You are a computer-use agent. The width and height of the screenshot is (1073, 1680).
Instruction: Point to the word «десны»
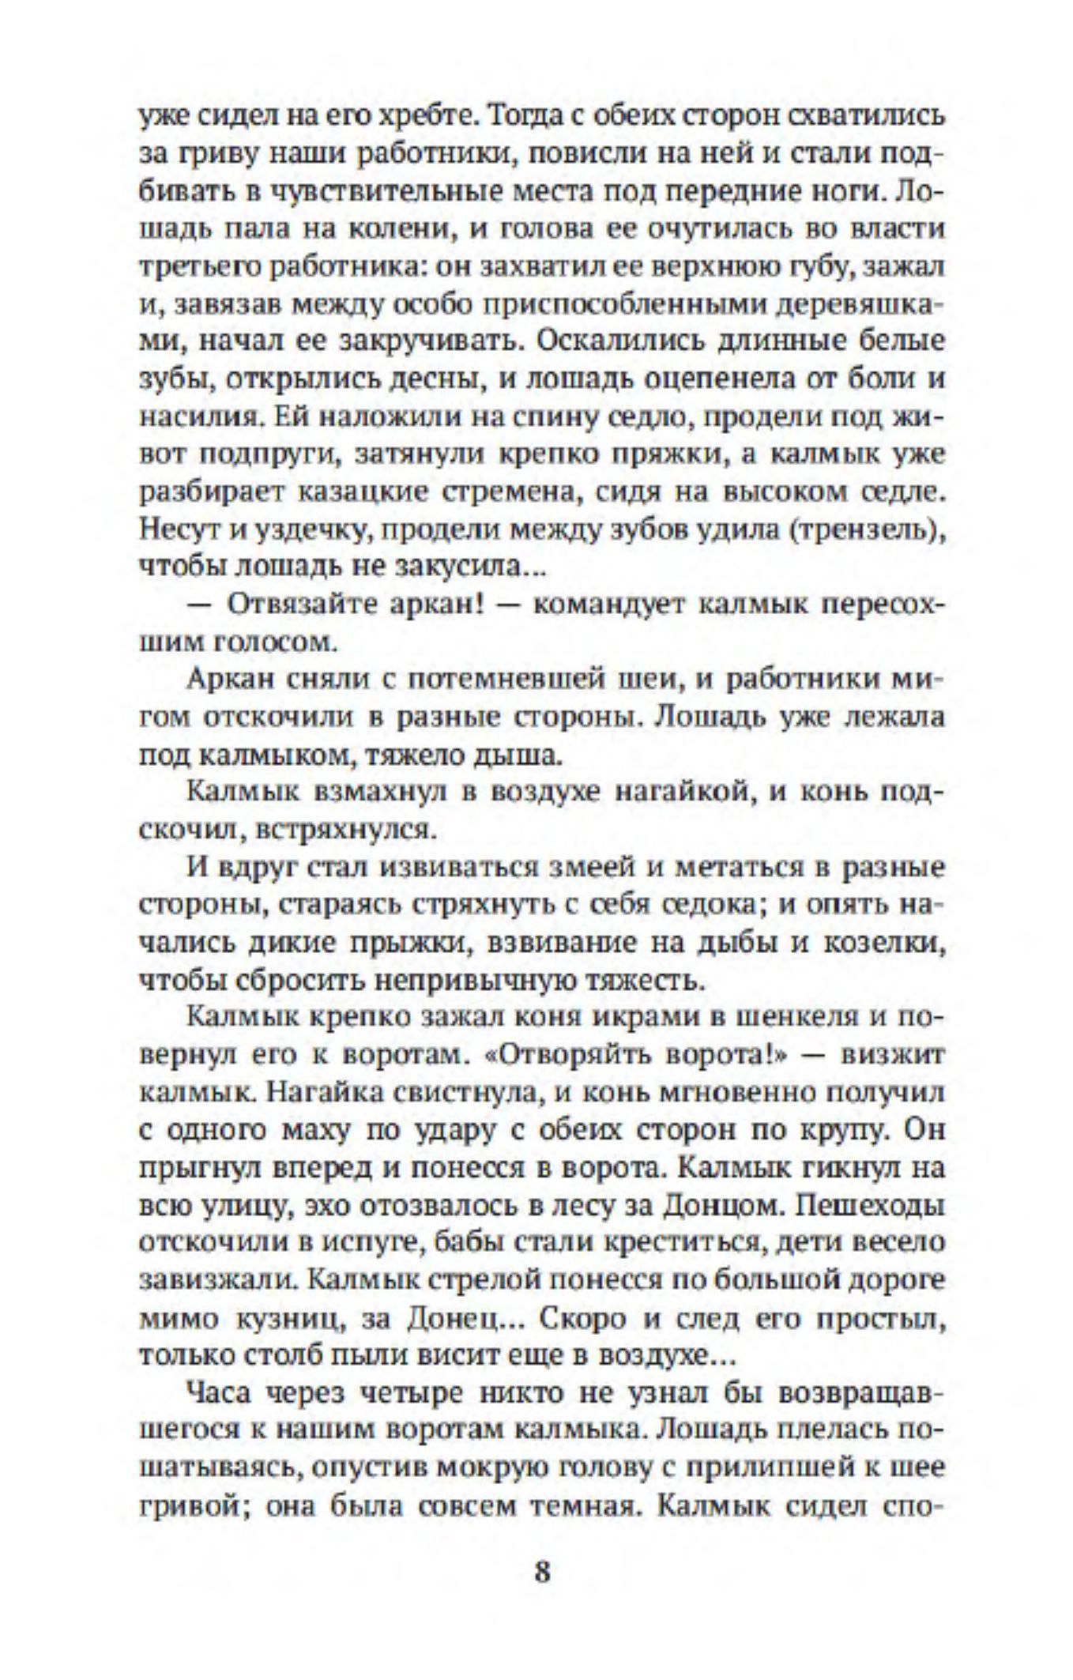pyautogui.click(x=434, y=379)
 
